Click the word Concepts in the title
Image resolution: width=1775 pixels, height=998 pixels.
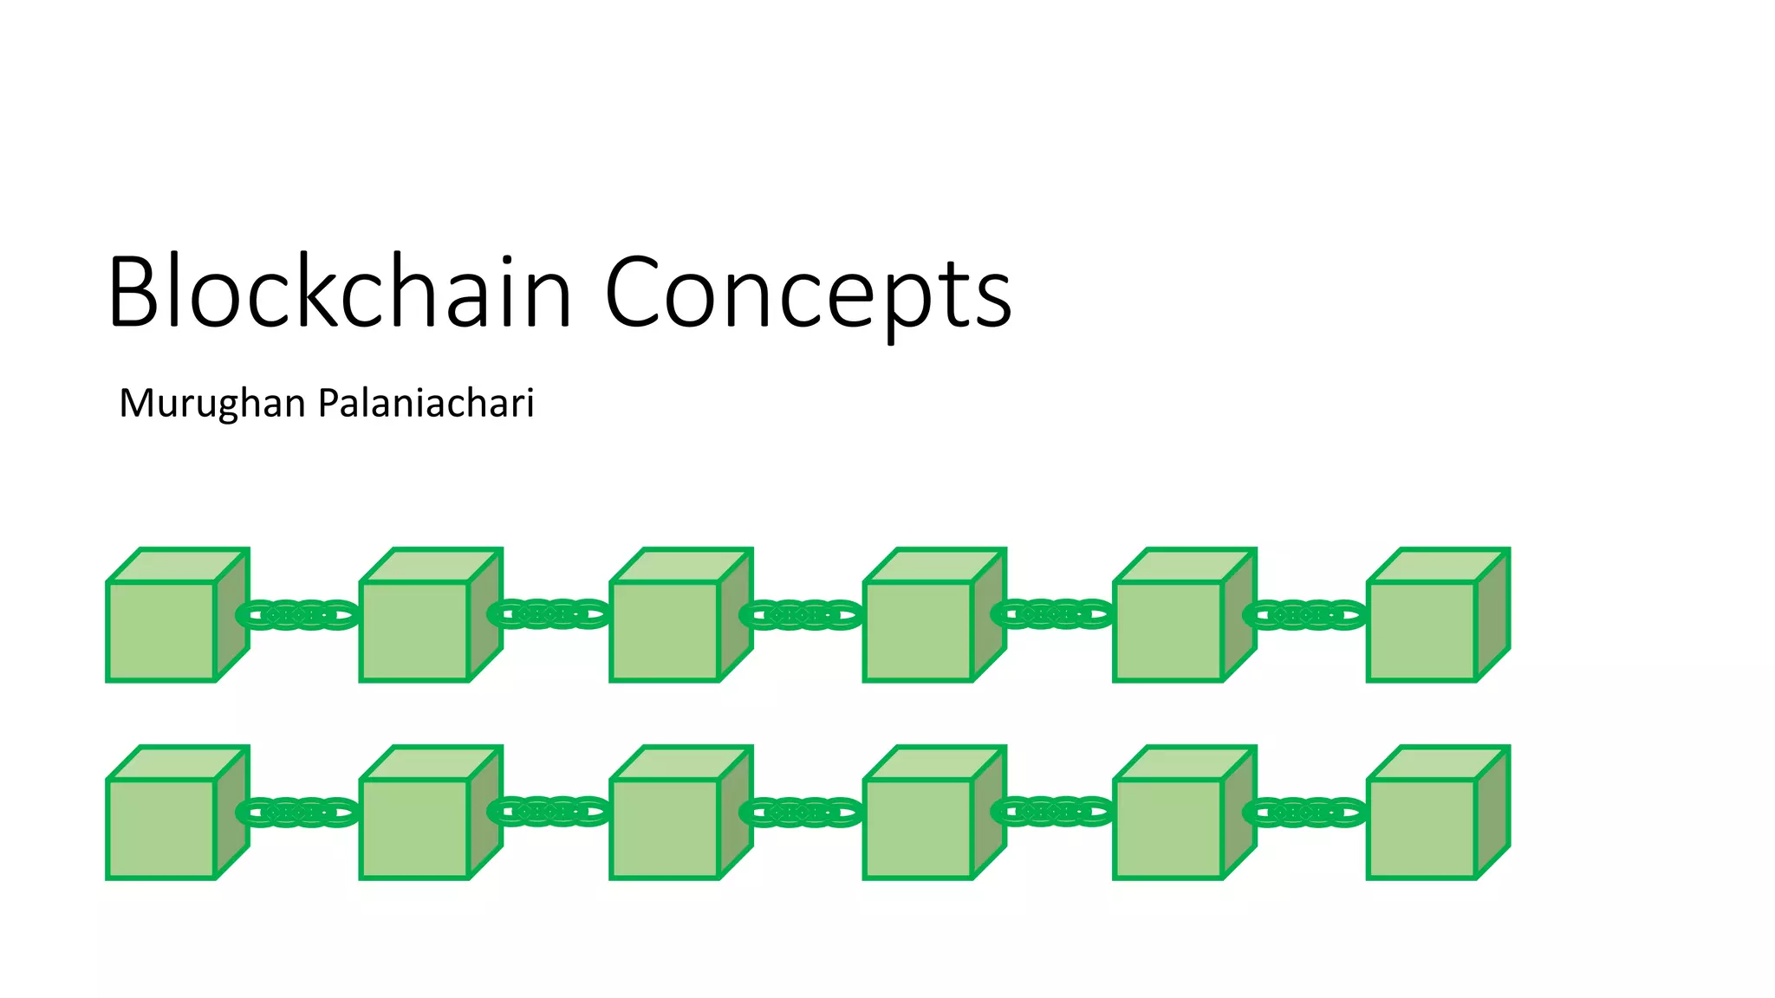[808, 293]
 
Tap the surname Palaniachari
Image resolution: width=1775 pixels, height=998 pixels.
[426, 403]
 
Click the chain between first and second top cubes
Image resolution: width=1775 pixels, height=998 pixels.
[297, 615]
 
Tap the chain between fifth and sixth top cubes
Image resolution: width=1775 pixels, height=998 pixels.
[1305, 615]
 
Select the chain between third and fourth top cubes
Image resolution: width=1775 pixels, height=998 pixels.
[801, 615]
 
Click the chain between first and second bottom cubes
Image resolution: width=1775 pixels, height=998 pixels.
[297, 813]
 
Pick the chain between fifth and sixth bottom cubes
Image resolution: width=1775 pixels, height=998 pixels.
[1305, 813]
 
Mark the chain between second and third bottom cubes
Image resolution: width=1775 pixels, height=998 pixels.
[549, 813]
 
